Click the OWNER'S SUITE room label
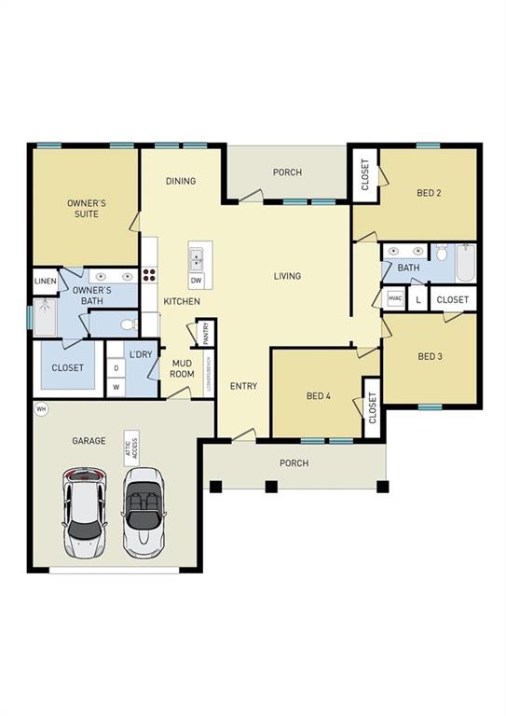click(82, 208)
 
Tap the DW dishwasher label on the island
click(196, 280)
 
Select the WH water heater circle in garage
click(40, 409)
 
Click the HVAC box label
click(394, 299)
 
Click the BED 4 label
click(319, 396)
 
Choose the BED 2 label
click(428, 193)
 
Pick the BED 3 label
click(429, 356)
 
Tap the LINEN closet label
click(45, 281)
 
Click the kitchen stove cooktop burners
click(148, 275)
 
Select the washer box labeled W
click(116, 386)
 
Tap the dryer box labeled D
click(116, 368)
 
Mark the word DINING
click(181, 181)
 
